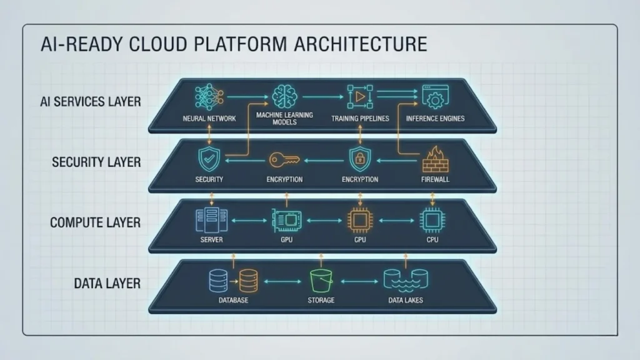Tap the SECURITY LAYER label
(97, 162)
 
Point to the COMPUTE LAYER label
(95, 222)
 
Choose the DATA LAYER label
(107, 283)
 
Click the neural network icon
(209, 97)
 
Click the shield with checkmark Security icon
(209, 159)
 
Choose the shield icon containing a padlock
(359, 159)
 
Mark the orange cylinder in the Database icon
(248, 281)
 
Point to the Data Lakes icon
(405, 281)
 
